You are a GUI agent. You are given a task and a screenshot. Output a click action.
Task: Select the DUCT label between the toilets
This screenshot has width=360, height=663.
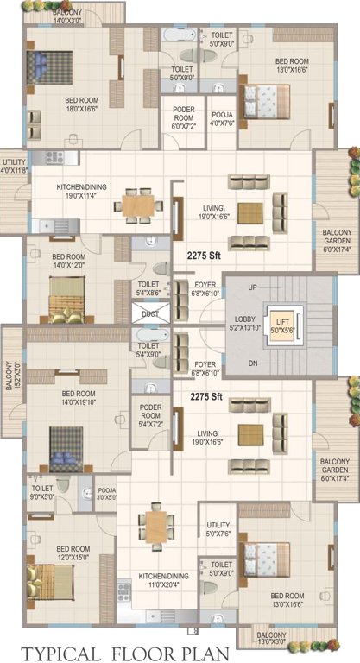coord(148,313)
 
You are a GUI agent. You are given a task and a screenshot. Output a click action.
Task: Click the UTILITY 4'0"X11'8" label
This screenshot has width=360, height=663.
coord(15,166)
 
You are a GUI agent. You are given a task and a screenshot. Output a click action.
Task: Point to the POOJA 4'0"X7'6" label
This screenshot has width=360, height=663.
coord(222,117)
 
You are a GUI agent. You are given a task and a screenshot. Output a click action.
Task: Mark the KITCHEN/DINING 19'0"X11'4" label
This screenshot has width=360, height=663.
coord(82,192)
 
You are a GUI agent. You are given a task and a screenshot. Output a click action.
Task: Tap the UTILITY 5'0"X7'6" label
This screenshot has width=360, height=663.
coord(218,528)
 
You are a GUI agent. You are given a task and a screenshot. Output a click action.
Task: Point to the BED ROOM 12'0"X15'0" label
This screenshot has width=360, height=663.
coord(73,553)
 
